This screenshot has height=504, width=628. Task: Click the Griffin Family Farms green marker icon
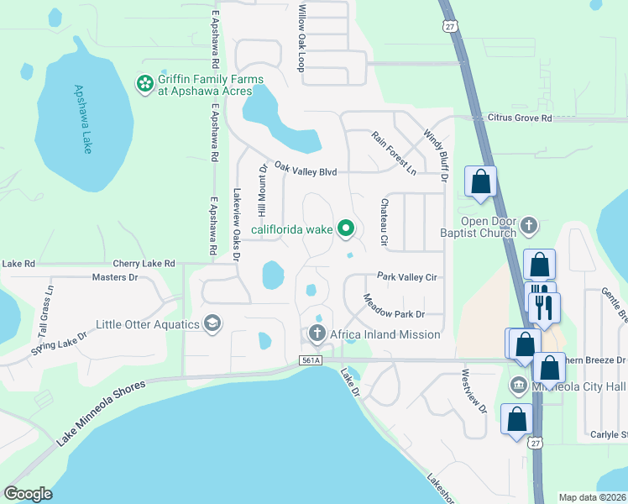[x=144, y=83]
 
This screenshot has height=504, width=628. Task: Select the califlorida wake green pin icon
[x=345, y=228]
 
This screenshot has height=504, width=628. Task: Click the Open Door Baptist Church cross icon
[x=528, y=224]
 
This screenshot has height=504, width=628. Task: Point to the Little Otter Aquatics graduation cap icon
[x=213, y=324]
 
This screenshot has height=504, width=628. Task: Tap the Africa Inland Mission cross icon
[x=317, y=334]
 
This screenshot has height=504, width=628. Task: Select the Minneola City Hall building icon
[x=518, y=386]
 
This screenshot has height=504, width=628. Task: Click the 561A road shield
[x=310, y=360]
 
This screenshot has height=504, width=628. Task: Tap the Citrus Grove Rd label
[x=520, y=118]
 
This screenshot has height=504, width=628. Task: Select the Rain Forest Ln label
[x=394, y=152]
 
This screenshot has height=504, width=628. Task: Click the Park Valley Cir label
[x=409, y=276]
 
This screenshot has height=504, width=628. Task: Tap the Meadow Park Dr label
[x=394, y=307]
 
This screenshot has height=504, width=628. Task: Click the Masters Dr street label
[x=114, y=276]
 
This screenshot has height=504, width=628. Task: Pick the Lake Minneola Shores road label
[x=102, y=414]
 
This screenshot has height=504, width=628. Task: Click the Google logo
[x=28, y=493]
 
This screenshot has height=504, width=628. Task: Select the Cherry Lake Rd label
[x=146, y=263]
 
